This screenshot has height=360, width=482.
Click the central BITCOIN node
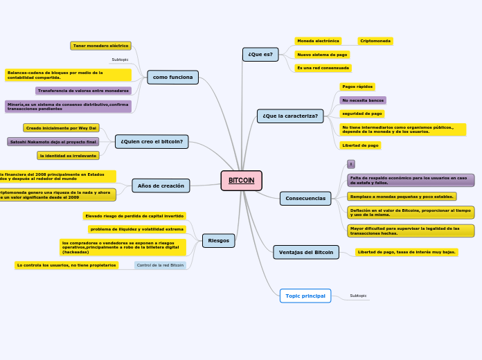pyautogui.click(x=241, y=181)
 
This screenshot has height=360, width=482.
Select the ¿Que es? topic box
pyautogui.click(x=260, y=55)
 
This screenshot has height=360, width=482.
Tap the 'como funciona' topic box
pyautogui.click(x=172, y=78)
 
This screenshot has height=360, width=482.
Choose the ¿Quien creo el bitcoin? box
pyautogui.click(x=152, y=142)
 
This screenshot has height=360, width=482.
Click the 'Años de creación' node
pyautogui.click(x=161, y=186)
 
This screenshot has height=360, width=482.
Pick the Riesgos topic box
pyautogui.click(x=218, y=241)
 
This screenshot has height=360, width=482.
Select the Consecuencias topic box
pyautogui.click(x=305, y=199)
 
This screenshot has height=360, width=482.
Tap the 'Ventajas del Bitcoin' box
pyautogui.click(x=305, y=252)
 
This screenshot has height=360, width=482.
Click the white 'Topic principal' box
pyautogui.click(x=305, y=296)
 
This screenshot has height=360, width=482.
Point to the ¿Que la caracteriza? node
pyautogui.click(x=290, y=116)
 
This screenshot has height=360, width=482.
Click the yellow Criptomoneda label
pyautogui.click(x=375, y=41)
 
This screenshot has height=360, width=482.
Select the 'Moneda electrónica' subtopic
pyautogui.click(x=318, y=41)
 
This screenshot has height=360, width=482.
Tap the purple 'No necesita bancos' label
pyautogui.click(x=363, y=100)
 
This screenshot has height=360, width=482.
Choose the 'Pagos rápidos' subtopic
pyautogui.click(x=357, y=87)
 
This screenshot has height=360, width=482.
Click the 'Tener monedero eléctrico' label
pyautogui.click(x=101, y=46)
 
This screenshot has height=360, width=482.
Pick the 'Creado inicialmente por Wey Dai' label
pyautogui.click(x=61, y=128)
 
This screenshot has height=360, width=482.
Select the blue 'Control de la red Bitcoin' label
pyautogui.click(x=160, y=265)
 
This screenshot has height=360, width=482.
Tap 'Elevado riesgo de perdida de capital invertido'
pyautogui.click(x=134, y=216)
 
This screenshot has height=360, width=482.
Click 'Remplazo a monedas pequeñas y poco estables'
pyautogui.click(x=402, y=197)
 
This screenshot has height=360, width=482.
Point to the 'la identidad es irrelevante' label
pyautogui.click(x=68, y=156)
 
